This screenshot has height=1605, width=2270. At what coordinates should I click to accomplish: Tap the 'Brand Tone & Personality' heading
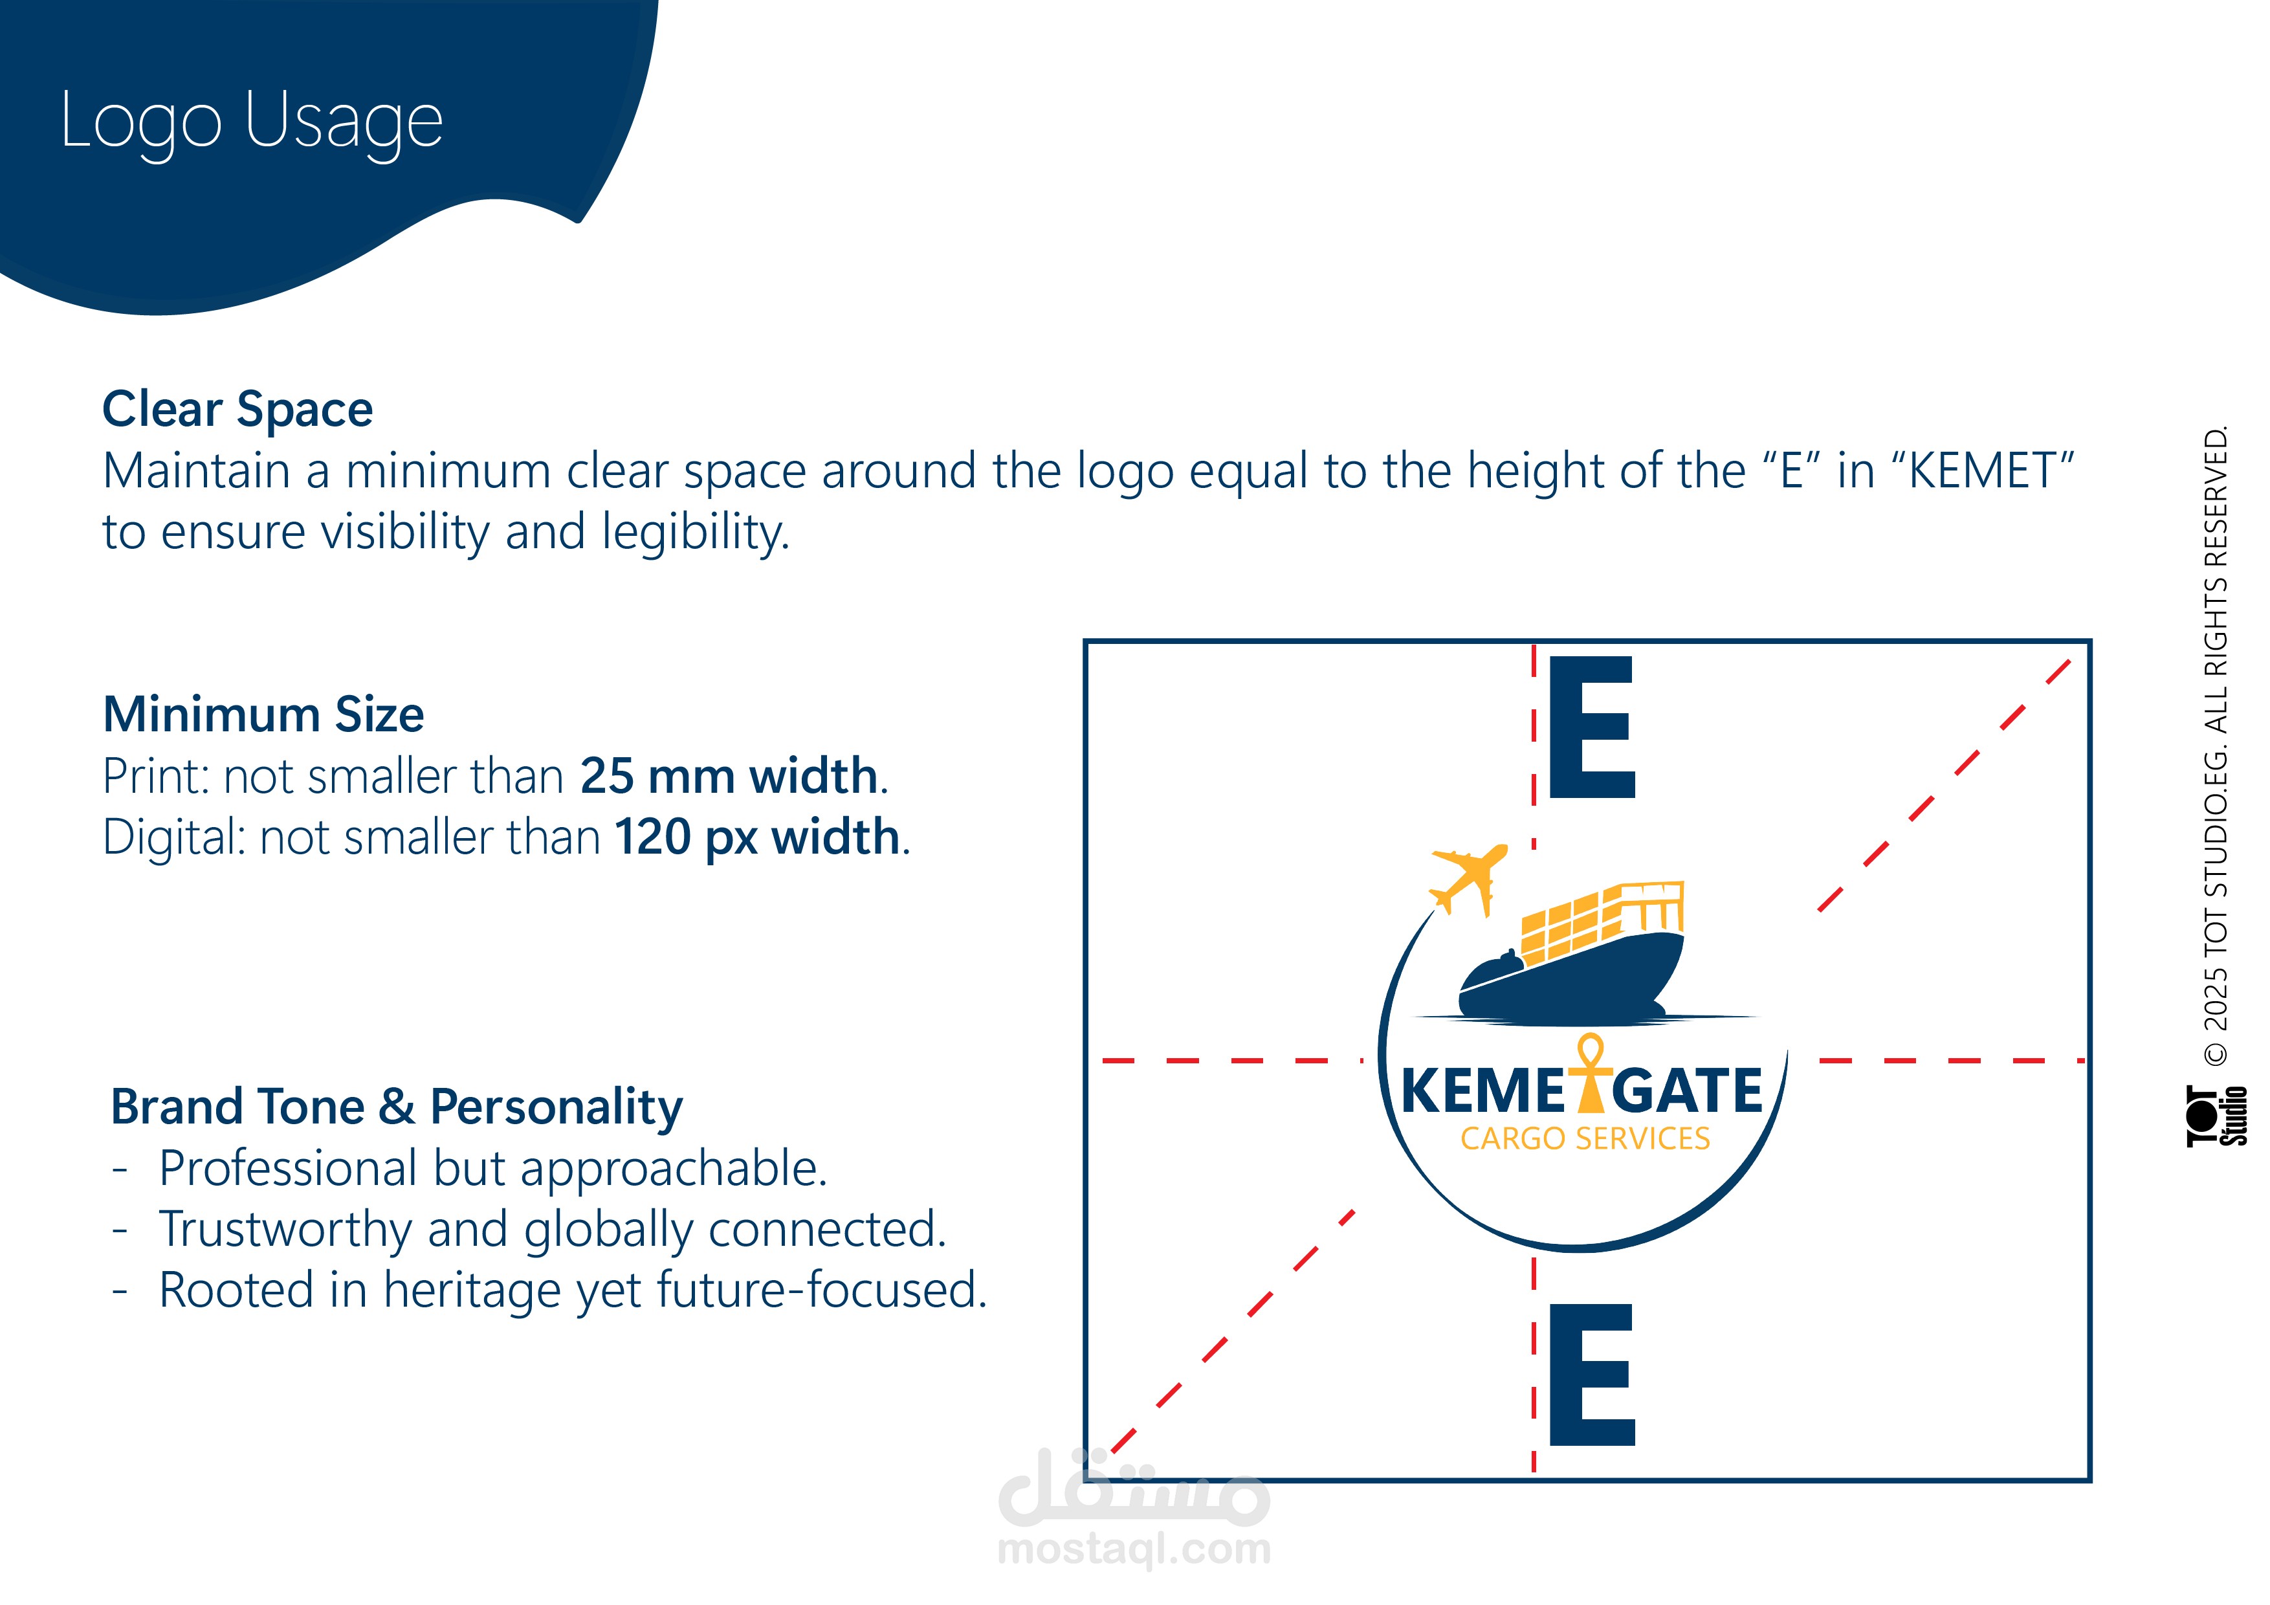pyautogui.click(x=397, y=1107)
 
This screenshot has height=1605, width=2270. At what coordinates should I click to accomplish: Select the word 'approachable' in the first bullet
pyautogui.click(x=673, y=1169)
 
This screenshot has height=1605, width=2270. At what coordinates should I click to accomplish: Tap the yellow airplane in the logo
pyautogui.click(x=1469, y=879)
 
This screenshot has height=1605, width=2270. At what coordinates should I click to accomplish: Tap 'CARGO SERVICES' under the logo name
pyautogui.click(x=1585, y=1138)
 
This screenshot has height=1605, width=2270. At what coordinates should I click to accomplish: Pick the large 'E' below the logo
pyautogui.click(x=1592, y=1375)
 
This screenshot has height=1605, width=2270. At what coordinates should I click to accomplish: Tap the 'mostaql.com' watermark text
pyautogui.click(x=1134, y=1549)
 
